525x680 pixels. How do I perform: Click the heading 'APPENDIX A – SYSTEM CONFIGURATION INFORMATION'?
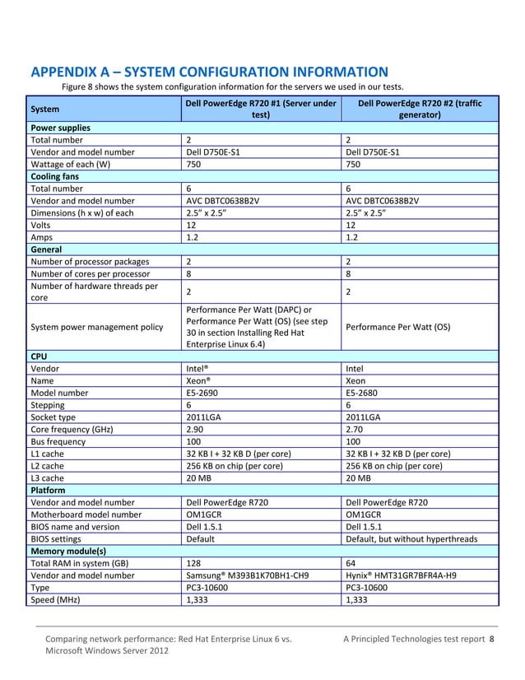[209, 71]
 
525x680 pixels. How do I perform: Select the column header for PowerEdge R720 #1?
[260, 109]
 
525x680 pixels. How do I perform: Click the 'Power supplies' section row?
[60, 128]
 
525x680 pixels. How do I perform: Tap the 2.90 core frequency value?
[197, 429]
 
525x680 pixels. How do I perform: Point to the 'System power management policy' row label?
[96, 327]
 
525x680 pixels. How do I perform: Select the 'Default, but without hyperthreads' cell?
[412, 539]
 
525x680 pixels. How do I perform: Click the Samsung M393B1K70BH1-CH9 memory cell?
[248, 575]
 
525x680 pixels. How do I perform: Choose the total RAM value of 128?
[195, 563]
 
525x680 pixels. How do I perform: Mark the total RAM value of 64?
[352, 563]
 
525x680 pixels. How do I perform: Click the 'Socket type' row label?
[58, 417]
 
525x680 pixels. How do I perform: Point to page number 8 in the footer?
[492, 638]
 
